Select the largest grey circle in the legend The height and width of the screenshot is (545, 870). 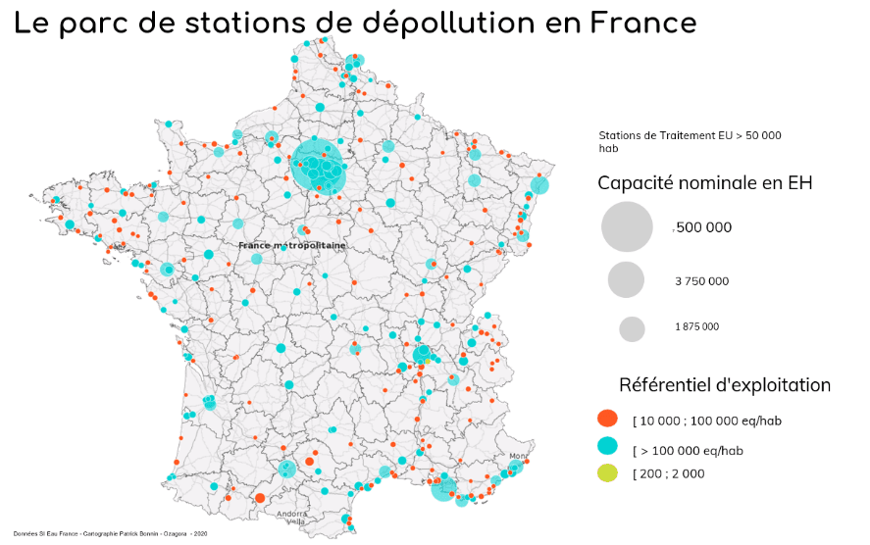[627, 226]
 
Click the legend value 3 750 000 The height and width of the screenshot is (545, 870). [701, 281]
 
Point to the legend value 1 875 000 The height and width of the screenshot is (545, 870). [696, 327]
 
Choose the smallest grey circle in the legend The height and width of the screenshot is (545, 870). [632, 328]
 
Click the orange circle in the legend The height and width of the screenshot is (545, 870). [608, 420]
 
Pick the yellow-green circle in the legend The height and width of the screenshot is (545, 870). [608, 472]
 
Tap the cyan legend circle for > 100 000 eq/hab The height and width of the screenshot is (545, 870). [608, 446]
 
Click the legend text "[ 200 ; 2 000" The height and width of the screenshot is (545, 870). [669, 473]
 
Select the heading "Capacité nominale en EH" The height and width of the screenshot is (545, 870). [704, 183]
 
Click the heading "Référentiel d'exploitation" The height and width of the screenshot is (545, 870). [724, 385]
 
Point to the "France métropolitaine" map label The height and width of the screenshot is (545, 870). [292, 245]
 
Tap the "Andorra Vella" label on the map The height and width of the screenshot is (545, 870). [293, 517]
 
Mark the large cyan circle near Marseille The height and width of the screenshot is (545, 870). [444, 486]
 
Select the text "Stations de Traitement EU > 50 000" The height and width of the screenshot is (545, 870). [690, 135]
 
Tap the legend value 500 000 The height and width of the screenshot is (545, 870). [703, 227]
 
